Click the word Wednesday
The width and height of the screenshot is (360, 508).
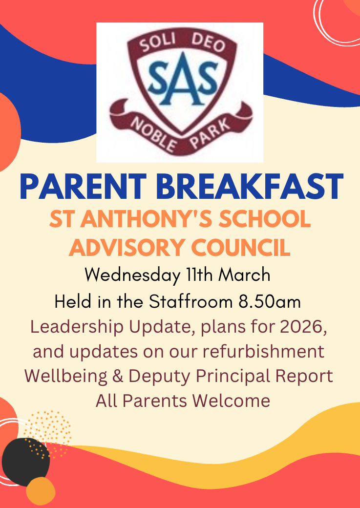132,275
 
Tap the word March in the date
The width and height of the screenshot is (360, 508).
244,275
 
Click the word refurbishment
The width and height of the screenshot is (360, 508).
263,352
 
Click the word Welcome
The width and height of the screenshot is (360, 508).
231,401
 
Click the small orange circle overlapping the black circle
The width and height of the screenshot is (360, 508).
41,491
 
